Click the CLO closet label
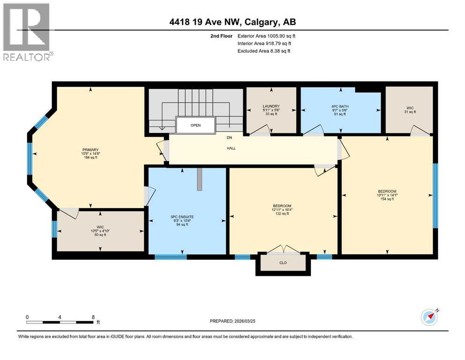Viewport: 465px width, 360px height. pyautogui.click(x=283, y=262)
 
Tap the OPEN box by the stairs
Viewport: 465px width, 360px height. pyautogui.click(x=195, y=126)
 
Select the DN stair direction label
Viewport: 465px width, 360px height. pyautogui.click(x=229, y=138)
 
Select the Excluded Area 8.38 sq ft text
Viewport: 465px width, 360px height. pyautogui.click(x=264, y=51)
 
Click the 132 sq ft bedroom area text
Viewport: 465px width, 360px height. pyautogui.click(x=282, y=214)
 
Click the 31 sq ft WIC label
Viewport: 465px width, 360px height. pyautogui.click(x=410, y=112)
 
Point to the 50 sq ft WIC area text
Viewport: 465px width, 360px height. pyautogui.click(x=99, y=234)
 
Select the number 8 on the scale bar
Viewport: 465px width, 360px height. pyautogui.click(x=93, y=317)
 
